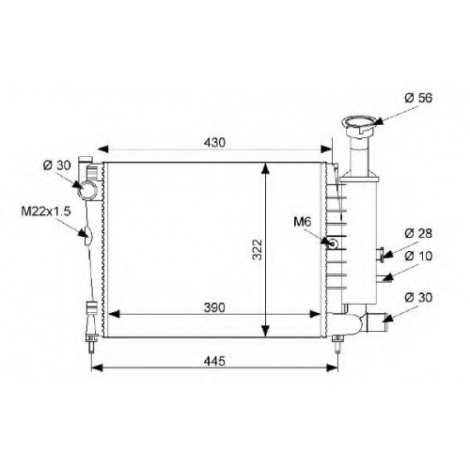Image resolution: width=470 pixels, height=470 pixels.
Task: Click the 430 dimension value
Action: pos(214,143)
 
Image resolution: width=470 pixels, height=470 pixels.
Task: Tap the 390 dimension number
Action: pos(214,307)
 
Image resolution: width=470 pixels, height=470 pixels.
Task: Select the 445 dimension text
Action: pos(214,361)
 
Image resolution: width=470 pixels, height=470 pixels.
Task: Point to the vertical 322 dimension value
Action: pos(258,250)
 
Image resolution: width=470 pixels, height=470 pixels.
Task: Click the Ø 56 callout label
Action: pos(418,98)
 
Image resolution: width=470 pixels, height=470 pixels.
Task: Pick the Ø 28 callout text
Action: pos(418,233)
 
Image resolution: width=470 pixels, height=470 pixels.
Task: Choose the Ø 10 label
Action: pos(418,256)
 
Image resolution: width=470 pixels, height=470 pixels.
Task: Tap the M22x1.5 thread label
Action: pos(46,211)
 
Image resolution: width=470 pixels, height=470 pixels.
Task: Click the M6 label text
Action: pos(303,222)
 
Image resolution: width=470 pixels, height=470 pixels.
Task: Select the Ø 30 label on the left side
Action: pos(57,165)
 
